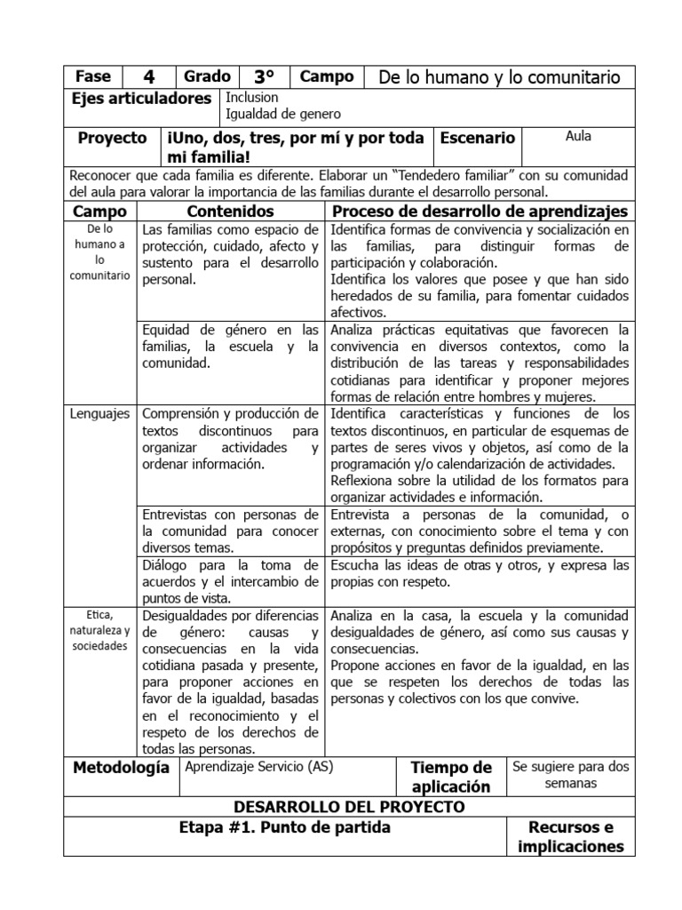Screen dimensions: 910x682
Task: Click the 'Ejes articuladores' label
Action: tap(141, 99)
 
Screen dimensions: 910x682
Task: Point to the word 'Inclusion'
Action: tap(252, 97)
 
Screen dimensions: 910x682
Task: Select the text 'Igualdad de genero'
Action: tap(283, 114)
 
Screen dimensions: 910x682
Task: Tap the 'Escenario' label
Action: tap(478, 138)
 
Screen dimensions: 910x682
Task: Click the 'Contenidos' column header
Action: tap(230, 211)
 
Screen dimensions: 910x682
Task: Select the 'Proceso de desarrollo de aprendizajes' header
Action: tap(480, 211)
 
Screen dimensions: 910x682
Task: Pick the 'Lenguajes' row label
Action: tap(99, 413)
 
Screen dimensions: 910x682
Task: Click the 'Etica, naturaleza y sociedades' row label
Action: tap(100, 630)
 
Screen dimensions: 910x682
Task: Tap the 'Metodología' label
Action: tap(120, 767)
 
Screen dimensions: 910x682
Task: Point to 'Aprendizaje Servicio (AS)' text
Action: tap(258, 766)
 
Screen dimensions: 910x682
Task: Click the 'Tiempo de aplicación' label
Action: tap(450, 777)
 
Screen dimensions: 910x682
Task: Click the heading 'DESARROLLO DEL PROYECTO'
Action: tap(348, 807)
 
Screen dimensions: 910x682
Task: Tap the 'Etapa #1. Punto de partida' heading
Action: tap(284, 827)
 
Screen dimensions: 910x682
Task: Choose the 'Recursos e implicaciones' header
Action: tap(570, 837)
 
